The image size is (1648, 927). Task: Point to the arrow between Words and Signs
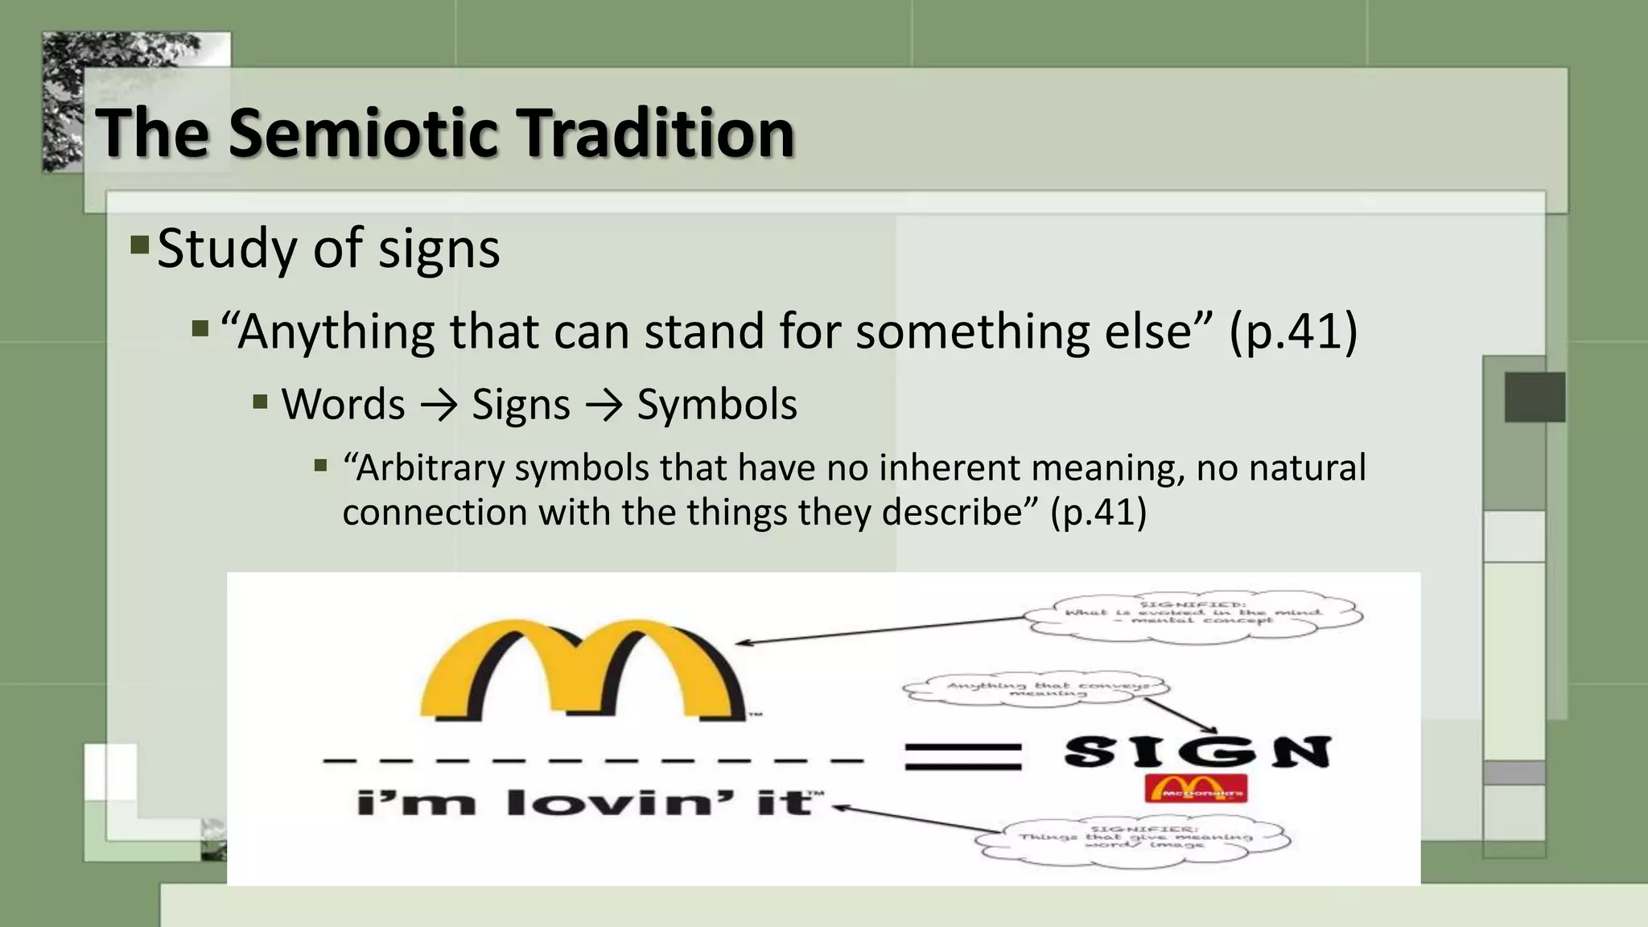pyautogui.click(x=439, y=405)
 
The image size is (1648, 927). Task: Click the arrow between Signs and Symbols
pyautogui.click(x=604, y=405)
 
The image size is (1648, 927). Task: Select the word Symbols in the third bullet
pyautogui.click(x=717, y=404)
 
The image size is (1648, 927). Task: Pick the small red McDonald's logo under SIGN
pyautogui.click(x=1196, y=789)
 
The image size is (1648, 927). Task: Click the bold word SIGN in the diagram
pyautogui.click(x=1197, y=752)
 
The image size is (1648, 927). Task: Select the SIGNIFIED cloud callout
pyautogui.click(x=1194, y=616)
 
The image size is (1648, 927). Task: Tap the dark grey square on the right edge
pyautogui.click(x=1535, y=397)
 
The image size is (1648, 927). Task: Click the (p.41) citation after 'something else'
pyautogui.click(x=1293, y=332)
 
